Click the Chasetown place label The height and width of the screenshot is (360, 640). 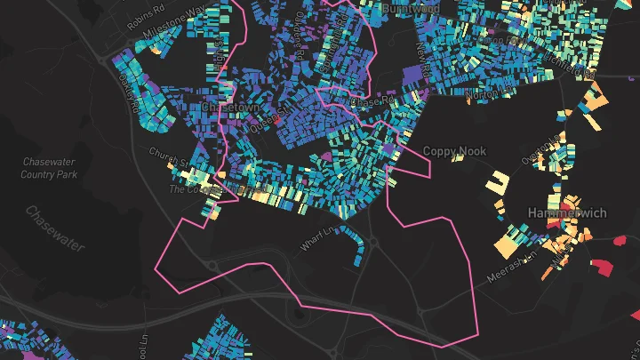coord(233,107)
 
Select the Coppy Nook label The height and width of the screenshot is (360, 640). coord(454,152)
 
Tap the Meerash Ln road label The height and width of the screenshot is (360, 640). coord(514,266)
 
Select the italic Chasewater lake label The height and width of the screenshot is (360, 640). coord(55,228)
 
